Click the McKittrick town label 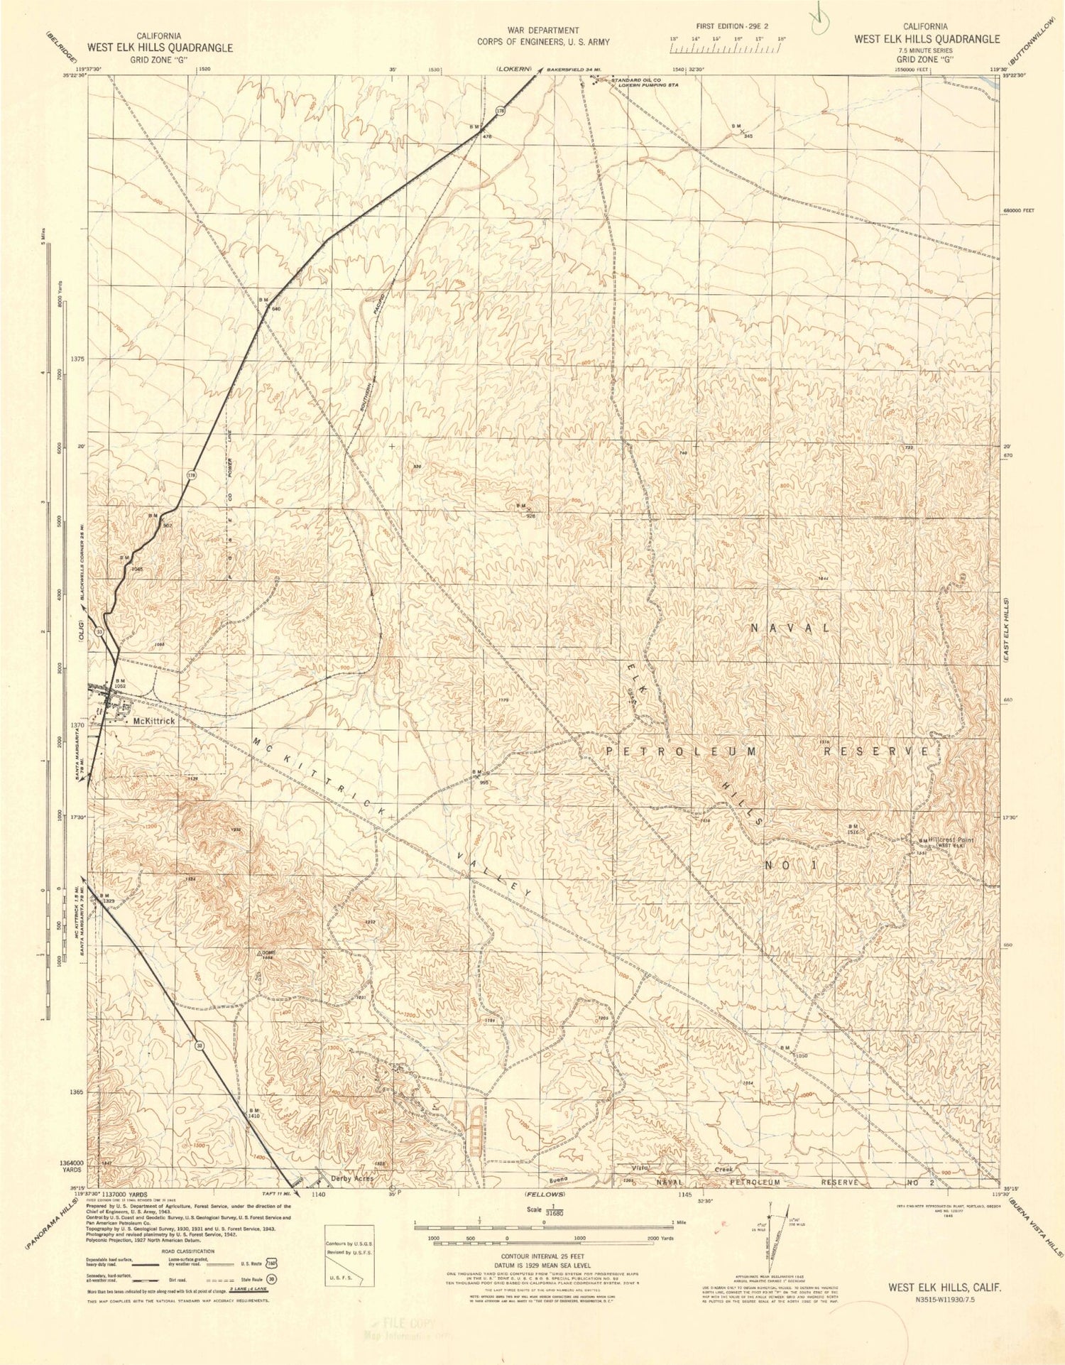153,720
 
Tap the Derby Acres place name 352,1178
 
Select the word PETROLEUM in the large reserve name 682,751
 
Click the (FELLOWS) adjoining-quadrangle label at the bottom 545,1195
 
